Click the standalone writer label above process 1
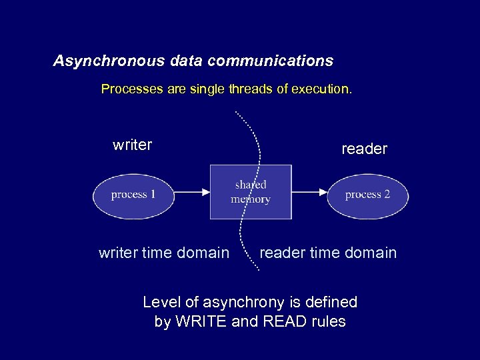(133, 145)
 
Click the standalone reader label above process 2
(364, 149)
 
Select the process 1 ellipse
(133, 195)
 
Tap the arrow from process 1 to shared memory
(194, 192)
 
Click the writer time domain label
(164, 253)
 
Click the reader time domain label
(328, 253)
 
